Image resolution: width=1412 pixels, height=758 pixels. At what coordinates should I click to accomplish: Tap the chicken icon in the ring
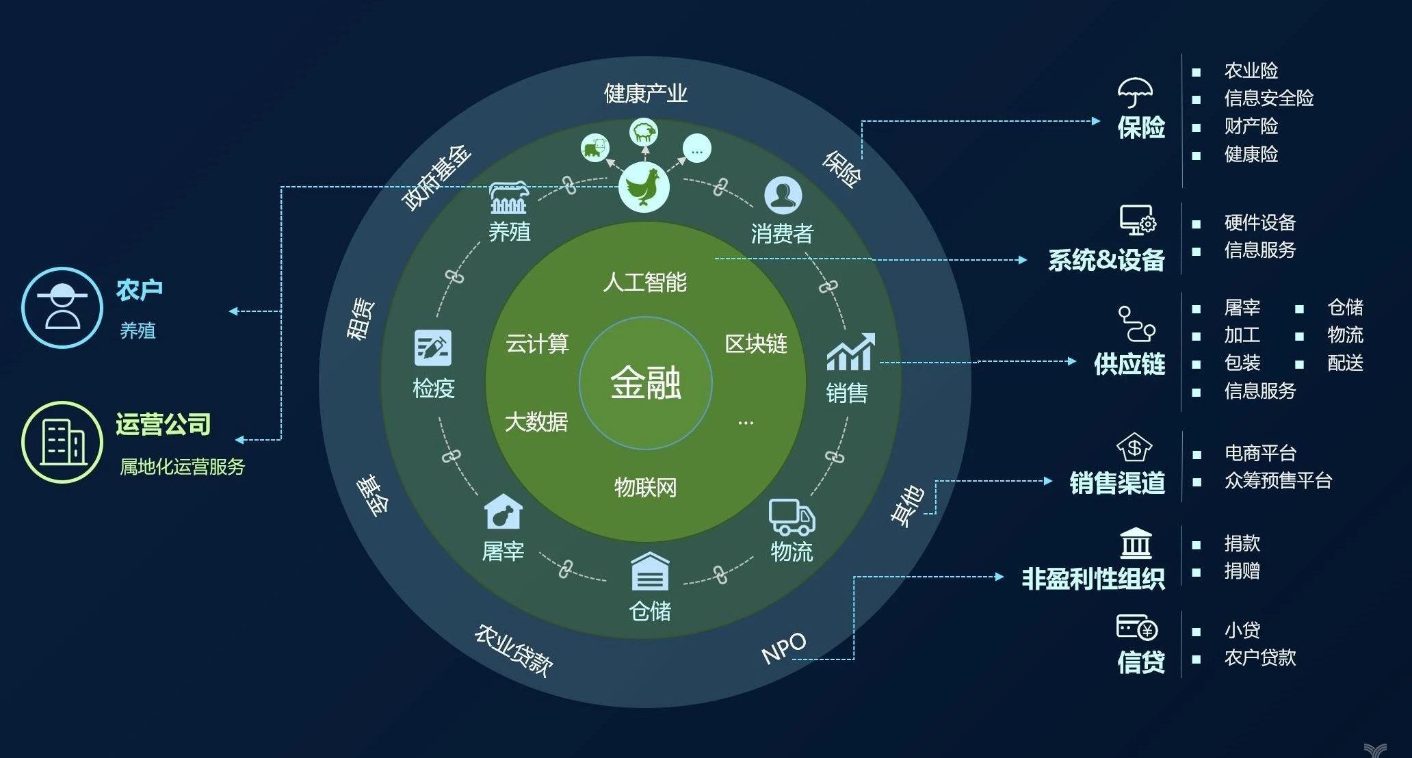644,186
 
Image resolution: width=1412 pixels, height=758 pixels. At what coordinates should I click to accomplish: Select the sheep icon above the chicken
643,132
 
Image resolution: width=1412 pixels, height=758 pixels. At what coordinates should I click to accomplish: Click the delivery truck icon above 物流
792,517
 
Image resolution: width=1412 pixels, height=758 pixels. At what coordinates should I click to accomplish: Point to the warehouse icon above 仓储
650,571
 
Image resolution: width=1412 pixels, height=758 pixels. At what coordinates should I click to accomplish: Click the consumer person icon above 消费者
783,195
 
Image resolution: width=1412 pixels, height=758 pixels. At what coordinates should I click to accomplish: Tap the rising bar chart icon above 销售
850,352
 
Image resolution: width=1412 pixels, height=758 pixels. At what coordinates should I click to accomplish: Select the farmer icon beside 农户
62,308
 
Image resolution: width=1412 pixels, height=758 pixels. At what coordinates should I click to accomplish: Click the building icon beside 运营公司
62,442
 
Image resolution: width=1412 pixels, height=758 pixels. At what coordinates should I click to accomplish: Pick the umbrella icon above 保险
1135,92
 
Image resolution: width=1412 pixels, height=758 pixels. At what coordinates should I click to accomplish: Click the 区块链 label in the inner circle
756,343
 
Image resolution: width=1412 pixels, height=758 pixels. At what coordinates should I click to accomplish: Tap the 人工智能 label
644,282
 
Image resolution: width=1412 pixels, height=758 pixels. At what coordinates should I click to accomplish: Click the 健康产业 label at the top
646,93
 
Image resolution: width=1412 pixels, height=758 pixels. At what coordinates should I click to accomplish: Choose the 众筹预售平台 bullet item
1278,480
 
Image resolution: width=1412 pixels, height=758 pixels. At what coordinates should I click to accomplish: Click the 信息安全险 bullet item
1269,98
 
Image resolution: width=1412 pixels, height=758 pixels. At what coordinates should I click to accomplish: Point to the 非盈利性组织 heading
1093,579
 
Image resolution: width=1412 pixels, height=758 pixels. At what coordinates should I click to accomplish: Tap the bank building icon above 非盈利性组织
1136,543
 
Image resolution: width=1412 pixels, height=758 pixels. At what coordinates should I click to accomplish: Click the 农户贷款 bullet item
1260,657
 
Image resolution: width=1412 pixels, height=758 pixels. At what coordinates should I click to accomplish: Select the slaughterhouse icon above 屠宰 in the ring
504,512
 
